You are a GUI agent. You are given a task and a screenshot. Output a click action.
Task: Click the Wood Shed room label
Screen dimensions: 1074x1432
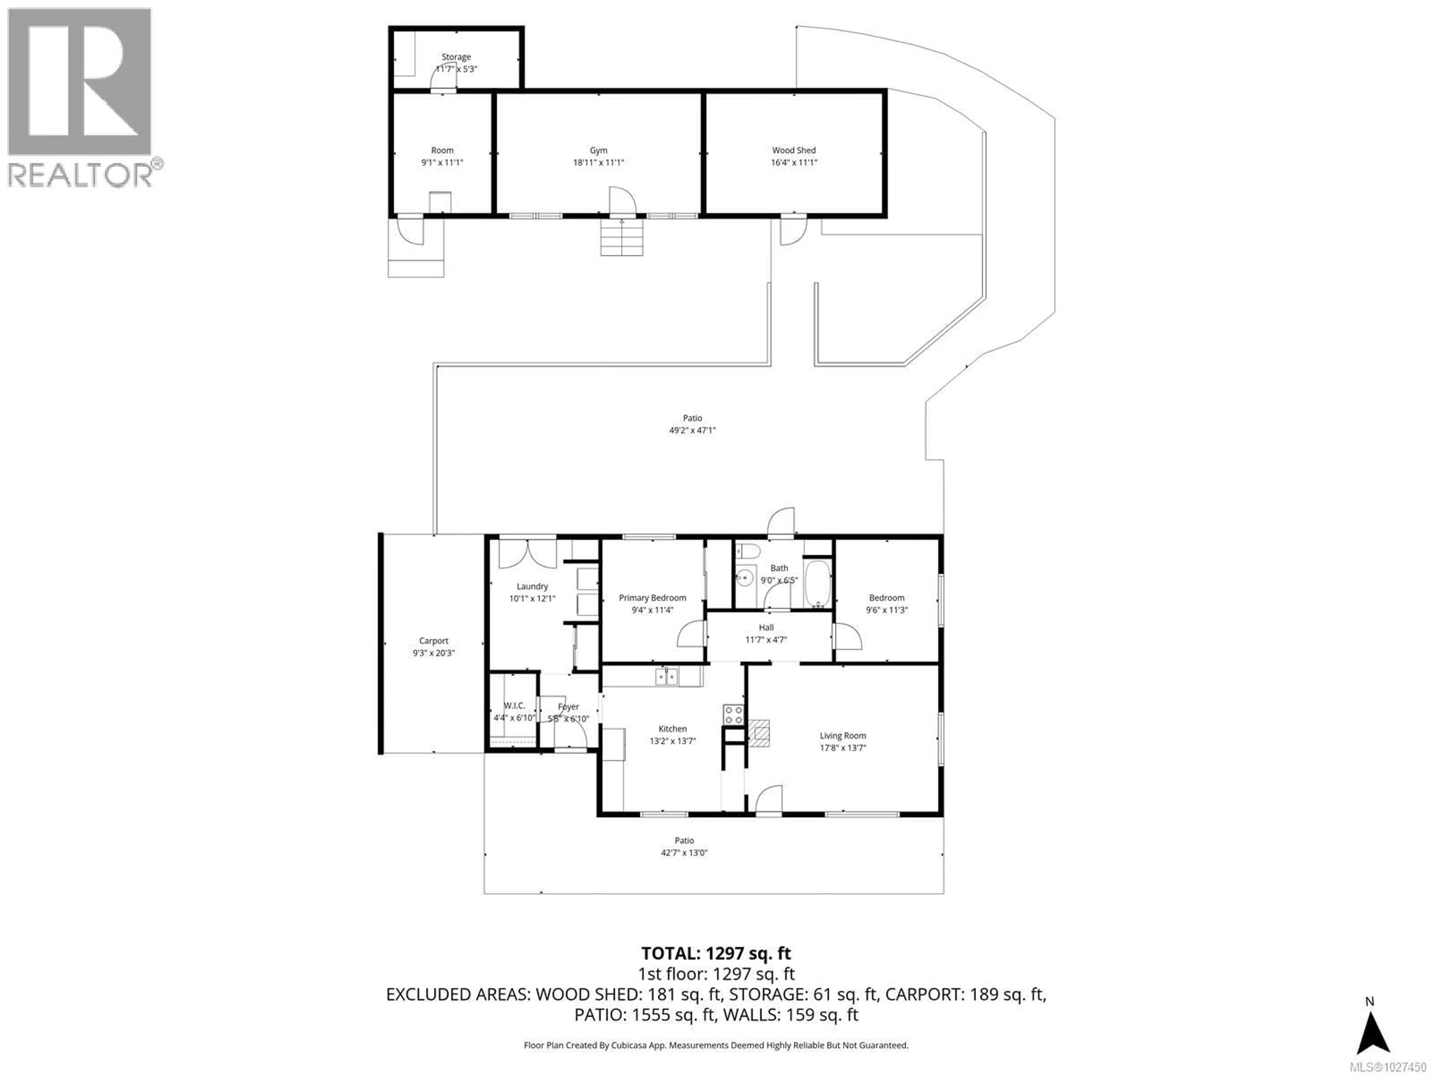coord(794,150)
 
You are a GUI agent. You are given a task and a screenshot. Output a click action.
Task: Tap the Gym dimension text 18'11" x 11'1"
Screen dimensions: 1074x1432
coord(598,163)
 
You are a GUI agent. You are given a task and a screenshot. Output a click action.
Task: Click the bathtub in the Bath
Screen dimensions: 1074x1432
coord(818,584)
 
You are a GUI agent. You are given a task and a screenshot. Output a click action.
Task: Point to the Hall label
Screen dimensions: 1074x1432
coord(766,627)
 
